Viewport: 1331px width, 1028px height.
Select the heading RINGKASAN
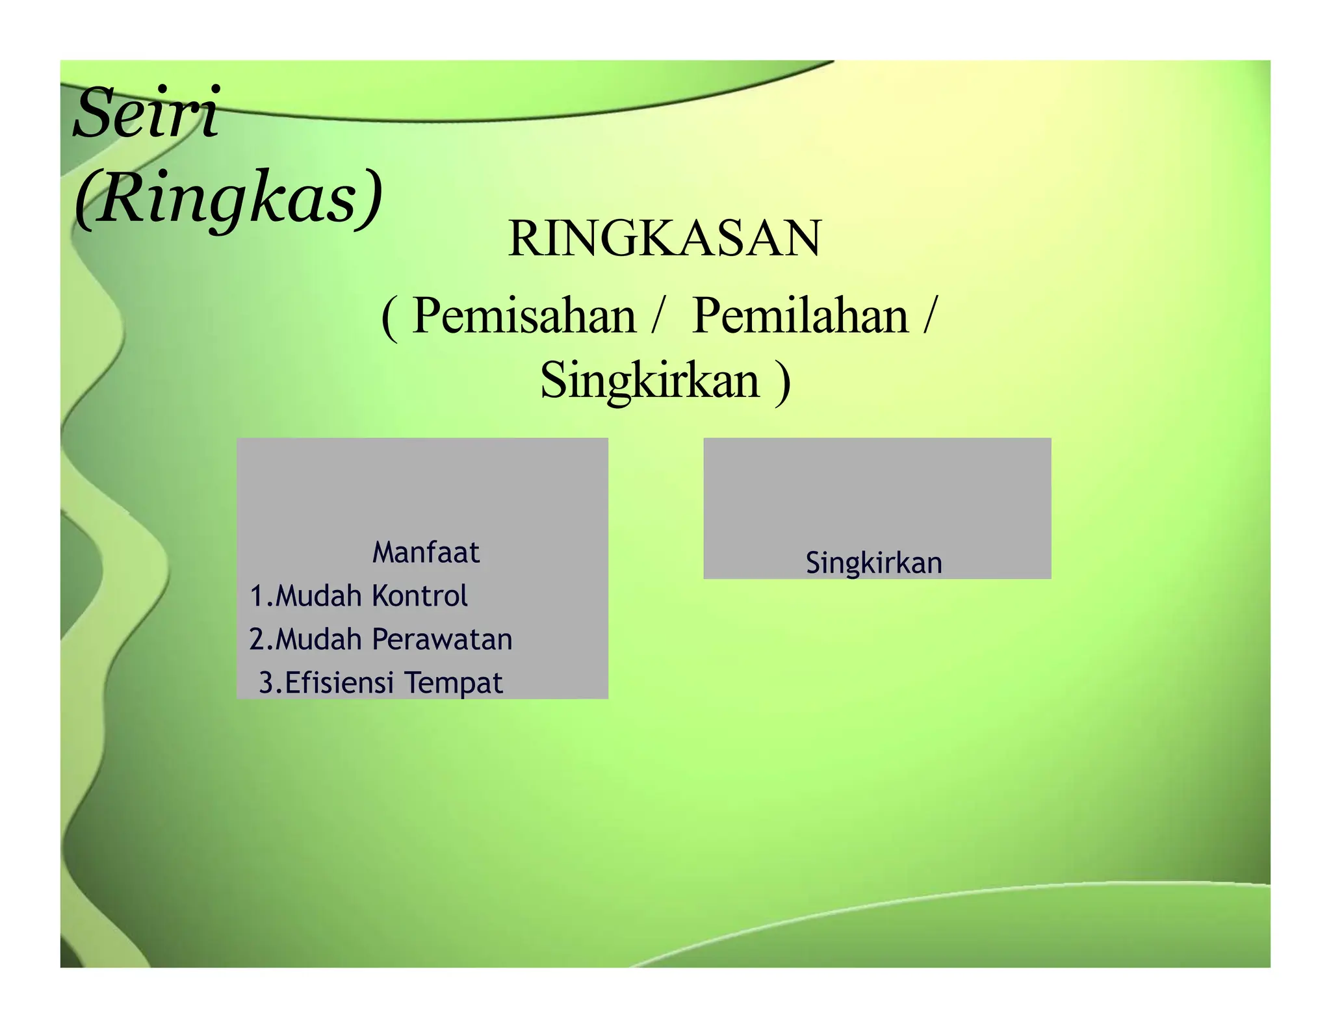tap(664, 238)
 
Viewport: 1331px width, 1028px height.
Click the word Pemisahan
tap(524, 316)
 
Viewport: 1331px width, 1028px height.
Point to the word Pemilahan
tap(800, 316)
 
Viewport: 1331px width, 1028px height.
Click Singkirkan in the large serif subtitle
tap(649, 380)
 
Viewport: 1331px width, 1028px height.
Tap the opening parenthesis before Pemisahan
tap(389, 318)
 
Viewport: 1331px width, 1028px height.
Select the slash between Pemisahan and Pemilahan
tap(659, 316)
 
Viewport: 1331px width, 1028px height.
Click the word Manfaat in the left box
tap(426, 553)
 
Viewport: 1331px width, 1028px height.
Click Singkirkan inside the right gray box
tap(873, 563)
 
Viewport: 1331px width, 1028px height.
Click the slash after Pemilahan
tap(931, 316)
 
